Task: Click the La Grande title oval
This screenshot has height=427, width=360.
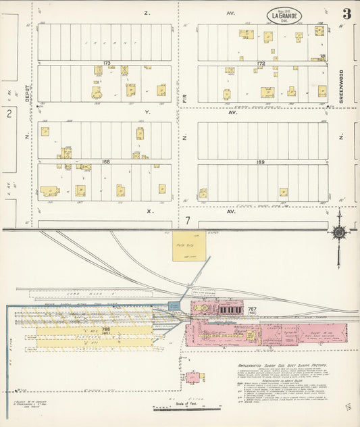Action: [x=287, y=15]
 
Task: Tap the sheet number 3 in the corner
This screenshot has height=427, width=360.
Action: [x=346, y=14]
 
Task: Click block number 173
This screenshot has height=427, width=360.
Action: [x=106, y=63]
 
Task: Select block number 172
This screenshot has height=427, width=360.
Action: [x=261, y=63]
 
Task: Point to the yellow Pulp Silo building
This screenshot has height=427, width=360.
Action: [x=188, y=247]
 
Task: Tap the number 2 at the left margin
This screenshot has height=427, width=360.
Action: [x=9, y=114]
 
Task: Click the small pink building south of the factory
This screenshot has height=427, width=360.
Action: [x=194, y=377]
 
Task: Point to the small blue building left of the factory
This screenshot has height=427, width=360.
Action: [x=174, y=306]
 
